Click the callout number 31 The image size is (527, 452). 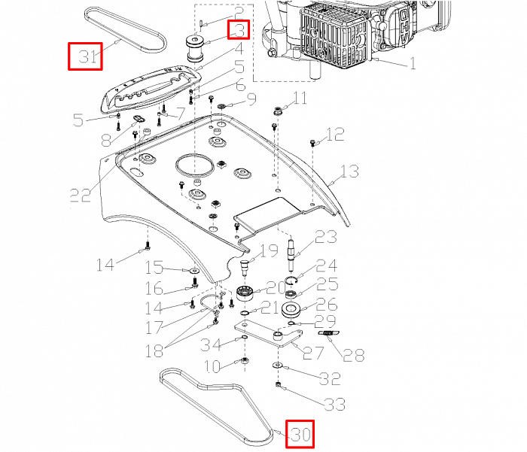click(84, 56)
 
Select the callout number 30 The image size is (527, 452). click(300, 435)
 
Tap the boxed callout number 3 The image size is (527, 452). click(239, 31)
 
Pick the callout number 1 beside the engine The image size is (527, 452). click(413, 64)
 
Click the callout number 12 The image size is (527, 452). click(335, 135)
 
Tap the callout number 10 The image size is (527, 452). click(213, 366)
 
